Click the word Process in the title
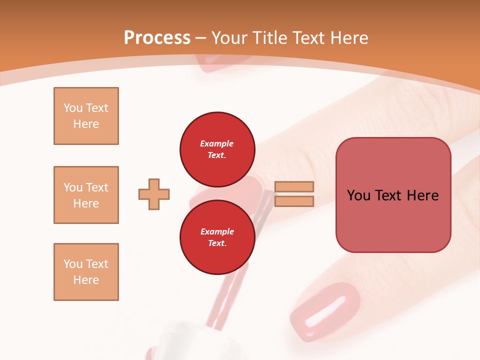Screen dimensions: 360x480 [157, 38]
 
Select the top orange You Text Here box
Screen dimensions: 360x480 [86, 116]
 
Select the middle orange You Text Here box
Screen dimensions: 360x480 [86, 195]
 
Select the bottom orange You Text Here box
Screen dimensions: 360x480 [86, 272]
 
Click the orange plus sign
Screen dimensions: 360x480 [154, 194]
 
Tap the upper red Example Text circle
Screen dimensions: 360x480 [217, 149]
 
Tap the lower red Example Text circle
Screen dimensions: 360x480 [217, 237]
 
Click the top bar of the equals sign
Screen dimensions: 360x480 [294, 187]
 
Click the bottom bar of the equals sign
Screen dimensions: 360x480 [294, 201]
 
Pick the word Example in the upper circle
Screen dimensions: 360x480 [217, 143]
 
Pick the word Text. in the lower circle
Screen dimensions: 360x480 [217, 243]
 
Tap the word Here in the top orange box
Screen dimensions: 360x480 [86, 124]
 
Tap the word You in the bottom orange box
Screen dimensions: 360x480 [72, 264]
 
